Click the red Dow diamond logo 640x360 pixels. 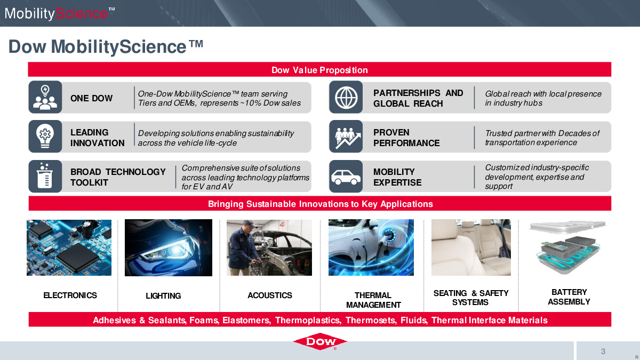click(320, 341)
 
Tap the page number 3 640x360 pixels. click(603, 351)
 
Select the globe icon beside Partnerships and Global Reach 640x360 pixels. click(346, 98)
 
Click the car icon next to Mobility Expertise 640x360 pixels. click(346, 177)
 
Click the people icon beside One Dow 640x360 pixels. click(45, 97)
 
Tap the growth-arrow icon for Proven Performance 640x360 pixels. click(348, 138)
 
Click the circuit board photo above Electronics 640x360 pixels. click(69, 247)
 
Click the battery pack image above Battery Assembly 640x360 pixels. click(567, 247)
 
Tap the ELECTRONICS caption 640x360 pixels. click(70, 295)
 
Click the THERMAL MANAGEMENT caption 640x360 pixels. click(373, 300)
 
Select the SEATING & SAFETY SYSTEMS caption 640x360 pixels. click(471, 298)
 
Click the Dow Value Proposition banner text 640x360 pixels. click(319, 70)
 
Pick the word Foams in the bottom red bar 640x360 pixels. click(204, 321)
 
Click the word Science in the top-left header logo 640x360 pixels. click(82, 13)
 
